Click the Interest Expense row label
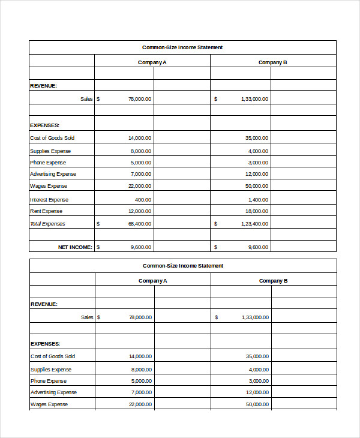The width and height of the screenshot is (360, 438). pos(49,200)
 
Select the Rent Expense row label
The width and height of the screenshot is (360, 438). pos(46,211)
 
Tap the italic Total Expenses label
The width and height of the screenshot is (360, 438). pos(47,224)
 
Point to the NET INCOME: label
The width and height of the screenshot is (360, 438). pos(75,247)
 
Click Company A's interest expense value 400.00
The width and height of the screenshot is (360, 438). pos(143,200)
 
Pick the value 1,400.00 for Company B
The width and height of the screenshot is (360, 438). pos(258,200)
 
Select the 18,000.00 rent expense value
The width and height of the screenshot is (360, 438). pos(257,211)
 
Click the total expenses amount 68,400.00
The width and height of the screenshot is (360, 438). pos(140,224)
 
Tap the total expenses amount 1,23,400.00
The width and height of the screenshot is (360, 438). pos(255,224)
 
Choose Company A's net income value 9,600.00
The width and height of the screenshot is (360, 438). pos(141,247)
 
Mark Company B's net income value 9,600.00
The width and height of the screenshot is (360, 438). pos(258,247)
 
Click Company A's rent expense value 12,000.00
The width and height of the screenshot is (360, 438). pos(140,211)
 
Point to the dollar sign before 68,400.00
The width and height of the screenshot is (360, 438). pos(98,224)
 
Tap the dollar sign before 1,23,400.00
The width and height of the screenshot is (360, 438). pos(216,224)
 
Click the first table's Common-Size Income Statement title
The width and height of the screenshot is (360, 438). pos(182,47)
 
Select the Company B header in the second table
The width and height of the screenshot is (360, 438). pos(273,281)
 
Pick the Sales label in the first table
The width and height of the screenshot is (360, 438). pos(86,99)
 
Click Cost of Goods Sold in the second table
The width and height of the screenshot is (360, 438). pos(53,356)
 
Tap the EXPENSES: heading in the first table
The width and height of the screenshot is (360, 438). pos(44,125)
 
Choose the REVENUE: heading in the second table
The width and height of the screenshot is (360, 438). pos(44,304)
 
